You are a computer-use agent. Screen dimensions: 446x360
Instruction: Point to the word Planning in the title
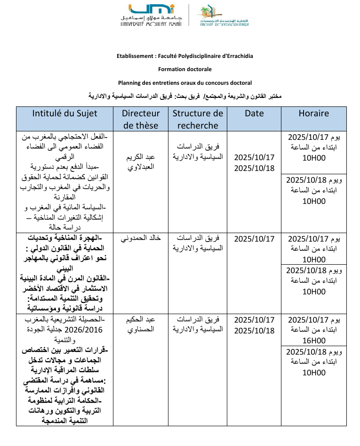point(128,82)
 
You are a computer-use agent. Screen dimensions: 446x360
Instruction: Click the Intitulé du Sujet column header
point(65,114)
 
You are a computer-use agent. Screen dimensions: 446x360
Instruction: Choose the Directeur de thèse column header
point(141,119)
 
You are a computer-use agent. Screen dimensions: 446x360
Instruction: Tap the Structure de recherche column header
point(198,119)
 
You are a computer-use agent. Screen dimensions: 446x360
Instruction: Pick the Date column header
point(254,114)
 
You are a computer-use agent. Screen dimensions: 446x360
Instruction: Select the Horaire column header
point(313,114)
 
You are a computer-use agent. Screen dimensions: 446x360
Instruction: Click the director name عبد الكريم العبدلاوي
point(141,162)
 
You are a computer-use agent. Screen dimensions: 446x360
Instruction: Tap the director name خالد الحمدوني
point(141,238)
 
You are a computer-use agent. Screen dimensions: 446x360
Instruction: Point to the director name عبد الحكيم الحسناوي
point(141,325)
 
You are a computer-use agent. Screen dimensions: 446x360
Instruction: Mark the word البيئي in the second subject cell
point(65,269)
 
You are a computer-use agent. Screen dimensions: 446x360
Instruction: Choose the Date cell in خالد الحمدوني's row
point(254,238)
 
